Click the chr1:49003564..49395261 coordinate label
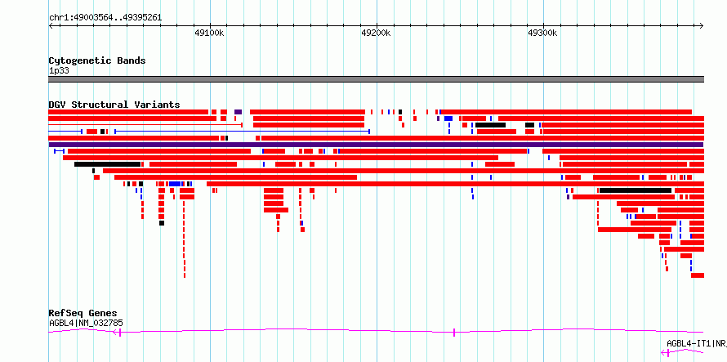coord(105,18)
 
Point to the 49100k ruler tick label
coord(210,33)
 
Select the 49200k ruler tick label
coord(376,33)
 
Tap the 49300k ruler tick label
coord(542,33)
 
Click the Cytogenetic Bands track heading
coord(97,60)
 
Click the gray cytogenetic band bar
coord(376,79)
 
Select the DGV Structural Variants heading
coord(114,105)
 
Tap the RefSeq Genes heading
coord(83,313)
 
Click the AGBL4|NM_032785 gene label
coord(86,324)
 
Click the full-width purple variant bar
coord(376,145)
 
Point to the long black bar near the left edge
coord(107,164)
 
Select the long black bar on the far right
coord(636,190)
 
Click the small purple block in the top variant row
coord(238,112)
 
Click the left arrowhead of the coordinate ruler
coord(50,26)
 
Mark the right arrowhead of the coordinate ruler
coord(702,26)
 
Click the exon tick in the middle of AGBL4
coord(454,332)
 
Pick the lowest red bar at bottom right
coord(698,275)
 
